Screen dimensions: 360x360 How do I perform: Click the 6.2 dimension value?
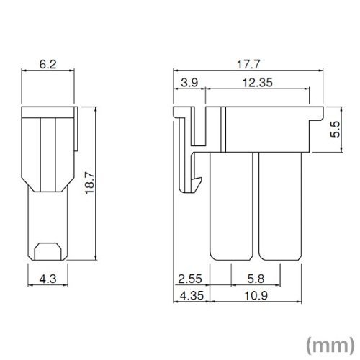pyautogui.click(x=48, y=64)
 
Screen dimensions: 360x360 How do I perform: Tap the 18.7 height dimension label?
pyautogui.click(x=90, y=183)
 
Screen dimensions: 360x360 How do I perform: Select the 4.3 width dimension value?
pyautogui.click(x=48, y=279)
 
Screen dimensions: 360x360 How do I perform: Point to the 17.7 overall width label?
pyautogui.click(x=248, y=65)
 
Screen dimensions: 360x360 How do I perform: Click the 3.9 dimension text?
pyautogui.click(x=189, y=83)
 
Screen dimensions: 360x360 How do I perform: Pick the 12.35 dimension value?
pyautogui.click(x=258, y=83)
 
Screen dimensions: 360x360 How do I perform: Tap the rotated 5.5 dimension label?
pyautogui.click(x=336, y=130)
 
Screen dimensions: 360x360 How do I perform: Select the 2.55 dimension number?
pyautogui.click(x=190, y=279)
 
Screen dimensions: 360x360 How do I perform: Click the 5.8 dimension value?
pyautogui.click(x=256, y=279)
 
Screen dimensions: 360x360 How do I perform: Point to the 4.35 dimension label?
pyautogui.click(x=192, y=296)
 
